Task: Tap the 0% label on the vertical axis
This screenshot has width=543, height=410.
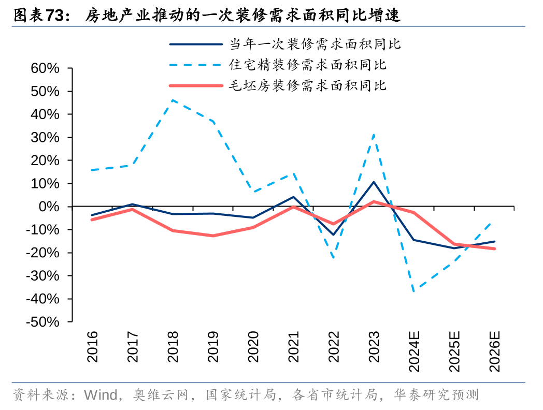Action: pos(50,207)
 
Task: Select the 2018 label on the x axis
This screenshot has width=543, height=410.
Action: pos(173,347)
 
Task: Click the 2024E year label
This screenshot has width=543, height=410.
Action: pos(414,353)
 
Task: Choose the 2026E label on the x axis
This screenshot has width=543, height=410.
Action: pos(495,353)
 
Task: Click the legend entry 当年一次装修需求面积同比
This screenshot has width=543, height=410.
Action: pos(315,44)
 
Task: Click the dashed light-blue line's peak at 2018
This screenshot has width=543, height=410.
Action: pos(173,100)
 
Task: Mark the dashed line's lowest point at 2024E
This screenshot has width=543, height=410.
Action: pos(414,292)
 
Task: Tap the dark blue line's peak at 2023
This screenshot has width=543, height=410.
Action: pos(374,182)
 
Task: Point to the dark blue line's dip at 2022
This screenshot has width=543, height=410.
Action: pos(333,235)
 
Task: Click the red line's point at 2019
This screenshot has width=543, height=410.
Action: pos(212,236)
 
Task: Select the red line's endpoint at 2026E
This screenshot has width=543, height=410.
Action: pos(494,248)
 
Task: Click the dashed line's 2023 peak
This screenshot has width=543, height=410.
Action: pos(374,135)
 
